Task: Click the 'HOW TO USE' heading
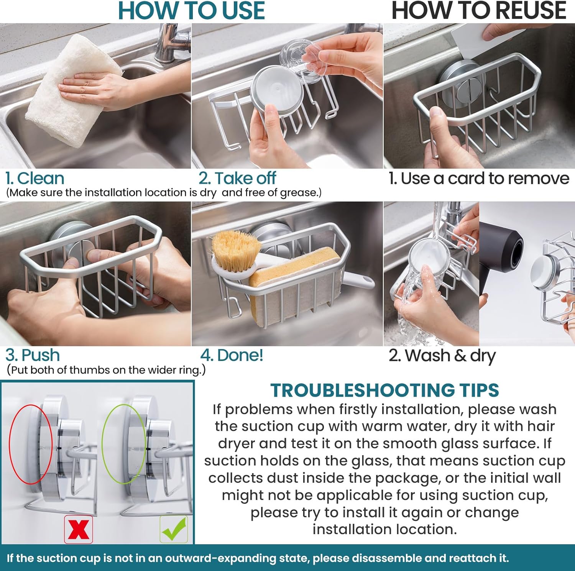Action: [x=191, y=10]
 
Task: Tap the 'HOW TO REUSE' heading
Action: [x=478, y=10]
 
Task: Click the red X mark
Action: [x=79, y=529]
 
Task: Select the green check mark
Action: [x=174, y=529]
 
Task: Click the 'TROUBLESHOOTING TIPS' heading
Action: [x=385, y=391]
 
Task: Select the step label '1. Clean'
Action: [x=34, y=179]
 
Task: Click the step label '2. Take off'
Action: [x=237, y=178]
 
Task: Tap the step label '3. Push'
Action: [x=33, y=355]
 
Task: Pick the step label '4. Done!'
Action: [x=232, y=355]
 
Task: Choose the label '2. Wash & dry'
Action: [x=442, y=356]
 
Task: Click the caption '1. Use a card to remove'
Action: [x=479, y=179]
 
